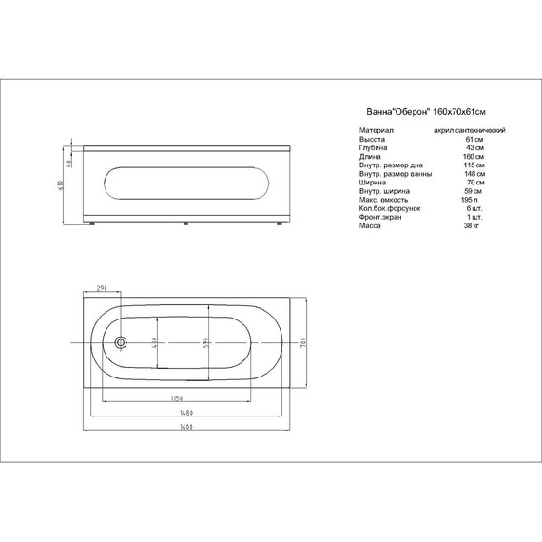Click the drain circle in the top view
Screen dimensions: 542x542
121,343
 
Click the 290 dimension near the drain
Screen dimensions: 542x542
101,289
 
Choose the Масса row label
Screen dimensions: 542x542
371,225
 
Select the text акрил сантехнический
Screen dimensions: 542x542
468,129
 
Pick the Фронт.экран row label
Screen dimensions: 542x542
378,217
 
